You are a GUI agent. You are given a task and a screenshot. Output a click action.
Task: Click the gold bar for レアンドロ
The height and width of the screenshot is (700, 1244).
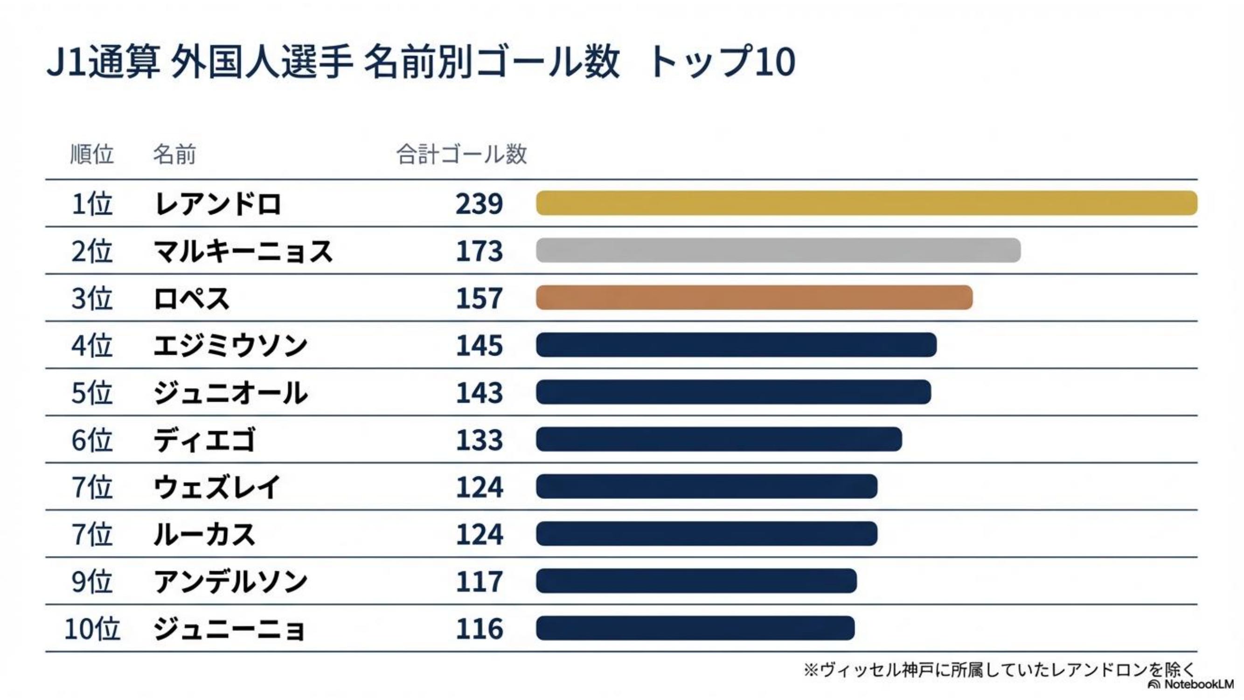click(866, 203)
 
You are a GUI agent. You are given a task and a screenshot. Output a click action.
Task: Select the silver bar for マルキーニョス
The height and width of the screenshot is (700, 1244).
click(778, 250)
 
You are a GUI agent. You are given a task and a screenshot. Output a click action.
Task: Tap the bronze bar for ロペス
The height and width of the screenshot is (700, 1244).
click(754, 298)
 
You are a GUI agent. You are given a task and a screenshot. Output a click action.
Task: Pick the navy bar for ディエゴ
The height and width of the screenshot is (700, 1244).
click(719, 439)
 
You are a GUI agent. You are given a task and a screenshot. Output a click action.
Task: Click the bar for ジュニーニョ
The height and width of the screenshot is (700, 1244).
click(695, 628)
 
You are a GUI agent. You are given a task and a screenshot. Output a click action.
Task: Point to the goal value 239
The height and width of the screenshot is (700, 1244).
click(479, 203)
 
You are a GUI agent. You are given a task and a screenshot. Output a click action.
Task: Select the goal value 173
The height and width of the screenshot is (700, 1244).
click(479, 251)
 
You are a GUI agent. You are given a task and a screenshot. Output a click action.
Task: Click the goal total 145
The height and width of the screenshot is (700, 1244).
click(479, 345)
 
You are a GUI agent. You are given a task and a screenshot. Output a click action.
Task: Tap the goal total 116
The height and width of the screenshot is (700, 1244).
click(479, 629)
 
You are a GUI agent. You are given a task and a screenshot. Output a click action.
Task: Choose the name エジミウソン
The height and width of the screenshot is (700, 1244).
click(230, 345)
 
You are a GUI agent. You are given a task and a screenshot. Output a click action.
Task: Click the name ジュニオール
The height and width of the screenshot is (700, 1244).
click(230, 392)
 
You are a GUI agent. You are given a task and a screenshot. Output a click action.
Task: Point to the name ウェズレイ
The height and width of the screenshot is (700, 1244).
click(217, 486)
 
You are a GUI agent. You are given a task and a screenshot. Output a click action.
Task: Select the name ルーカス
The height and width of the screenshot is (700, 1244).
click(204, 534)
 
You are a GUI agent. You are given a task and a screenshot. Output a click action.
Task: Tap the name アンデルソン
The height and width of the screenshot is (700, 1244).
click(230, 581)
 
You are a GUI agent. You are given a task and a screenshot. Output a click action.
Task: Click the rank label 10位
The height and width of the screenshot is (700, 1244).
click(92, 629)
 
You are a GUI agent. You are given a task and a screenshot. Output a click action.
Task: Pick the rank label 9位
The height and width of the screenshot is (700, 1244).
click(92, 581)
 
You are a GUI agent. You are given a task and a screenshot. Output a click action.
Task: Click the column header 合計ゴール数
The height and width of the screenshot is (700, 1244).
click(461, 154)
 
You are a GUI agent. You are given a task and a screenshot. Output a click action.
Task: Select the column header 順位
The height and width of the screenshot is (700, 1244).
click(92, 154)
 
